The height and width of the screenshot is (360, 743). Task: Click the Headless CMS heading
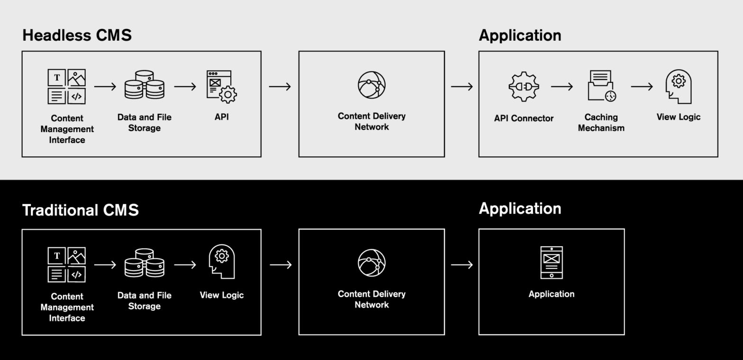77,36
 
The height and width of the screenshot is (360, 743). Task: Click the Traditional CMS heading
81,210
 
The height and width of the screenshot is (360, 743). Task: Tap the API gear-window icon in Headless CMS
221,87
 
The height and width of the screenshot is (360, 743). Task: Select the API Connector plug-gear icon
523,86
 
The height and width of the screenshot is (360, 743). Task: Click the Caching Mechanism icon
601,86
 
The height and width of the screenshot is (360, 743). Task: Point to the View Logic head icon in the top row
679,86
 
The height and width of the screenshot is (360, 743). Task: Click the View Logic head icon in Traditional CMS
222,261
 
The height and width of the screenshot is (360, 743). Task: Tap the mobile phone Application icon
552,262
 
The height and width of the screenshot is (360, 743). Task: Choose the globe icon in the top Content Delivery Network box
371,85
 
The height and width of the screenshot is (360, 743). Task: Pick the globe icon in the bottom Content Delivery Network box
371,262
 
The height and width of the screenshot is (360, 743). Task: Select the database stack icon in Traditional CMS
145,263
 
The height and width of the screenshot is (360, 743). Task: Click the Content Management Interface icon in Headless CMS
67,87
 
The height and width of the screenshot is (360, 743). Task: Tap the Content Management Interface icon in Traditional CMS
67,264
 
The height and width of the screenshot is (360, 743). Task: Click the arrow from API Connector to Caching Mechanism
562,87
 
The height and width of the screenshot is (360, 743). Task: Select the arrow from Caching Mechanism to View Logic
642,87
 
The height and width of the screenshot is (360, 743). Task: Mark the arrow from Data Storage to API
185,87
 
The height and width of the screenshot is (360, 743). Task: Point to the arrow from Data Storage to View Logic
185,265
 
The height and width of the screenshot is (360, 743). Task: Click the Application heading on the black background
520,208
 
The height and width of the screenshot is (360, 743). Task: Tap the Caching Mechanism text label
601,123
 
